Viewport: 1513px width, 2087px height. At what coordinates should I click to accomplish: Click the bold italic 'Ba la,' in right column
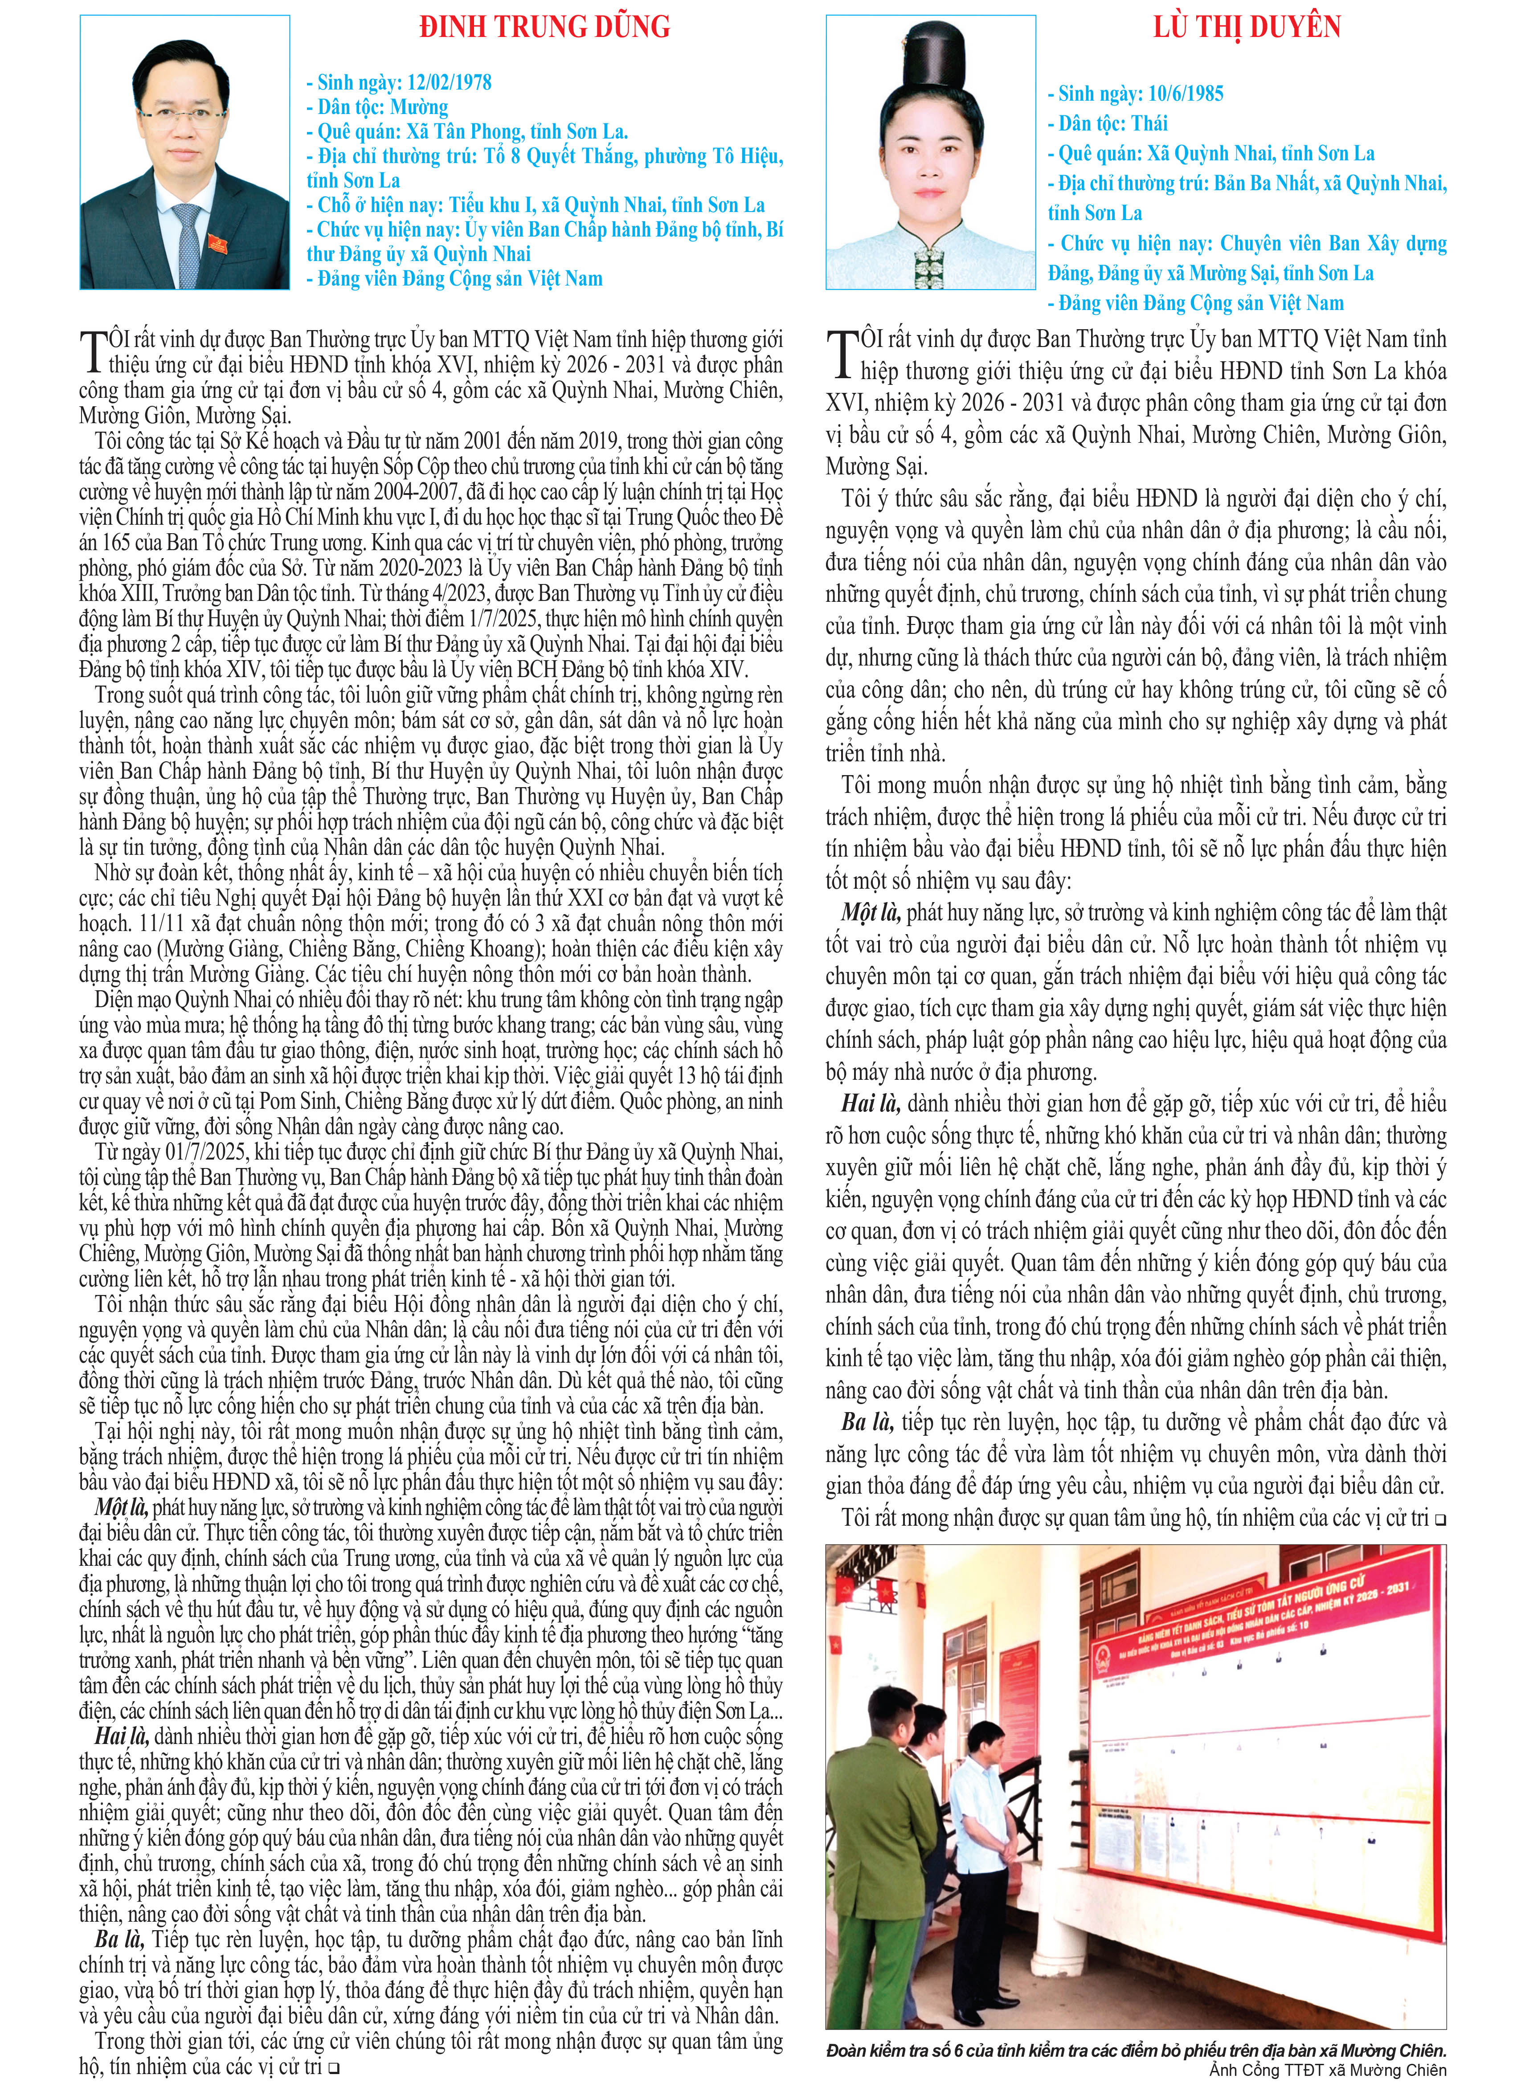click(867, 1422)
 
